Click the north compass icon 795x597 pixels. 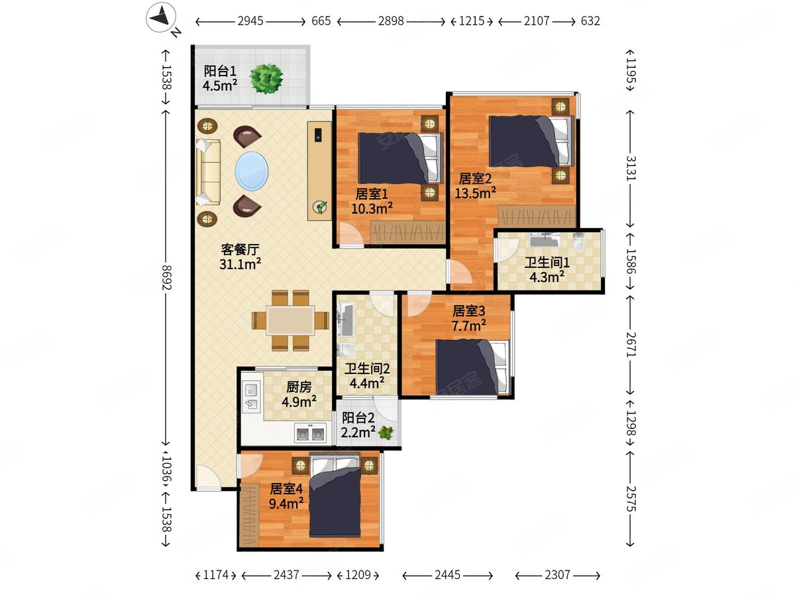point(161,17)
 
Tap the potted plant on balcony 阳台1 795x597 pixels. point(266,79)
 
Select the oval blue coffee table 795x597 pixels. point(252,171)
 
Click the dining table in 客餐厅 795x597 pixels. point(290,321)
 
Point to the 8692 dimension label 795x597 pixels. point(167,277)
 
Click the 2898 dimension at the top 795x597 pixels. point(391,21)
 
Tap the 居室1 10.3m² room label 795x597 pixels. point(372,201)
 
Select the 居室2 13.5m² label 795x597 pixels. point(475,186)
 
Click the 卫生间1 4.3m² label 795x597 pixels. point(547,270)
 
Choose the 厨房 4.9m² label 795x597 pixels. point(299,395)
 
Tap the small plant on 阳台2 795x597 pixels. point(386,432)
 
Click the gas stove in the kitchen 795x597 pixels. point(310,433)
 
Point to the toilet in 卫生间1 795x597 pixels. point(578,242)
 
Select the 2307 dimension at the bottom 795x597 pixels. point(557,574)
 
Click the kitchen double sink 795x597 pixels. point(251,397)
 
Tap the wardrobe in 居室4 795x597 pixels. point(249,515)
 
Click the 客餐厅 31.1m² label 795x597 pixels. point(240,257)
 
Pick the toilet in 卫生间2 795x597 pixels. point(346,350)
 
